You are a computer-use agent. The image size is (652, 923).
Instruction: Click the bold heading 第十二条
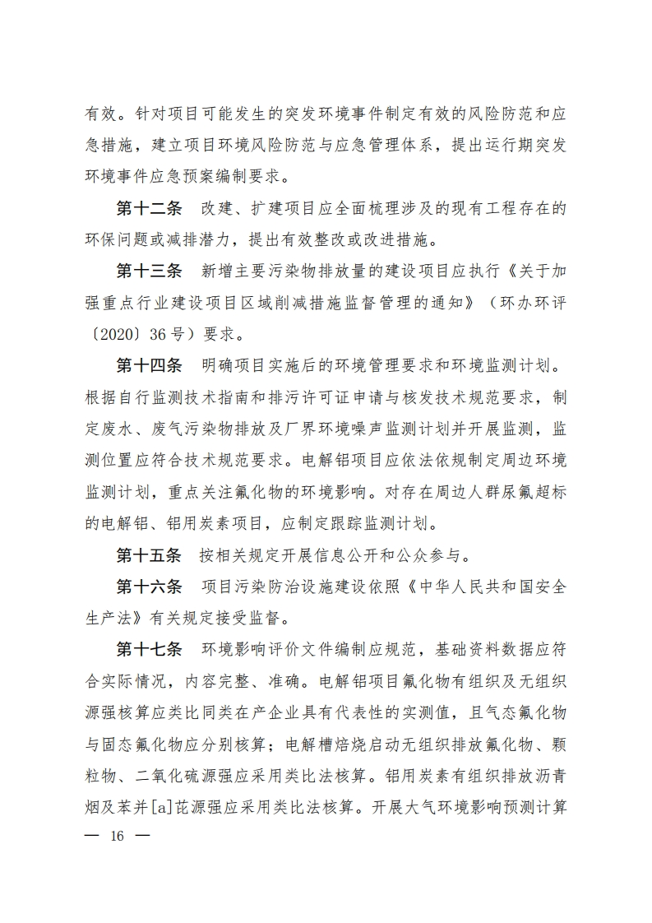coord(148,209)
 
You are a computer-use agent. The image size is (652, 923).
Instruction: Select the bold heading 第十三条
coord(148,271)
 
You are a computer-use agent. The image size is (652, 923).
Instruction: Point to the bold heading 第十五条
coord(148,554)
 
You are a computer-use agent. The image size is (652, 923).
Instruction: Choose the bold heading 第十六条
coord(148,586)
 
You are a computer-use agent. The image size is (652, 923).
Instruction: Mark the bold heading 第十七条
coord(148,648)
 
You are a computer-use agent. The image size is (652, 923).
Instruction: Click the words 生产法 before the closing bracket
coord(116,617)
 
